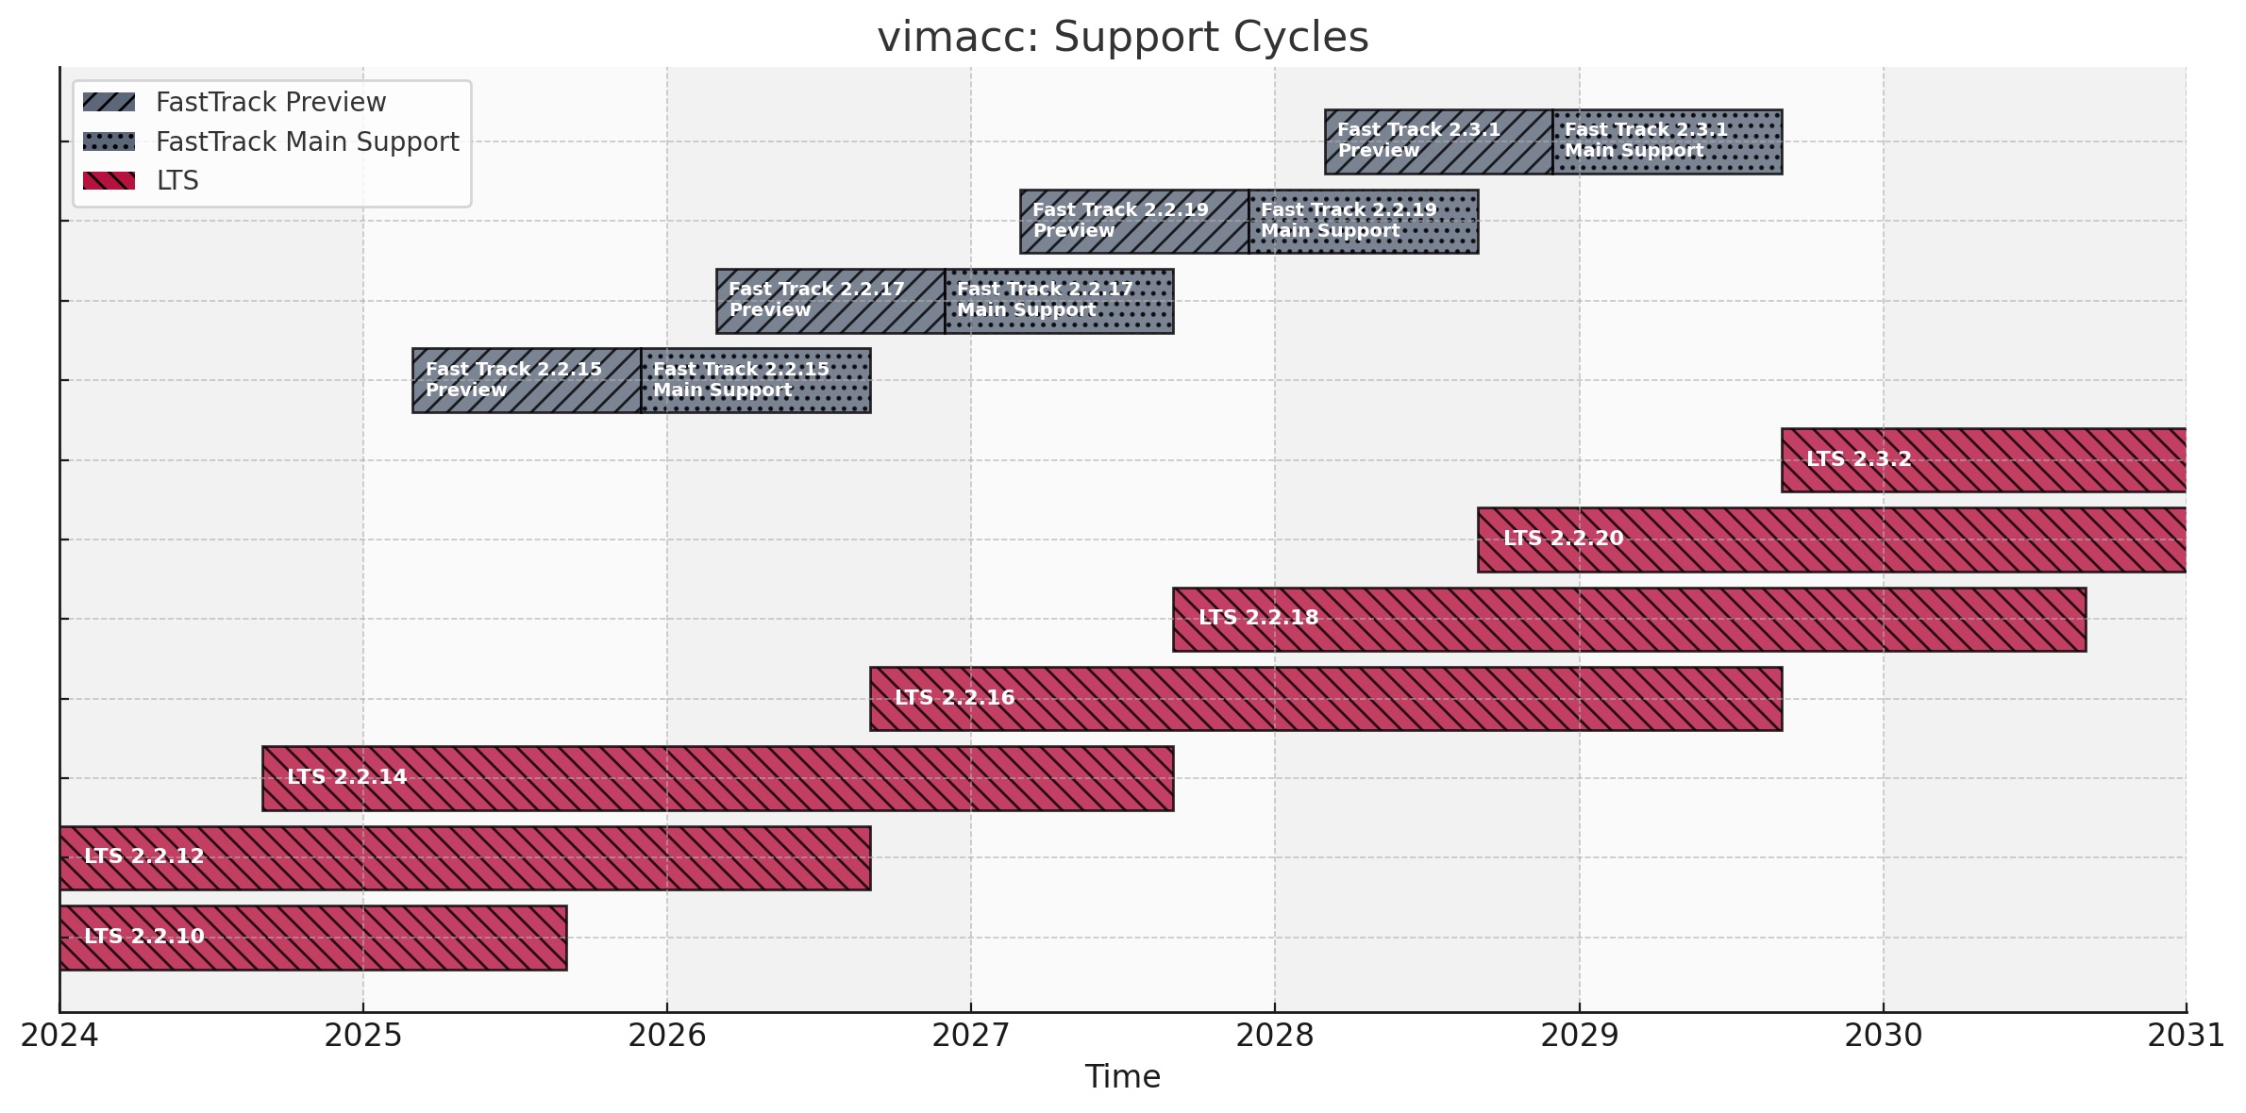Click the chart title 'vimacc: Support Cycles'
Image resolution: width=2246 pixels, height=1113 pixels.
[x=1122, y=38]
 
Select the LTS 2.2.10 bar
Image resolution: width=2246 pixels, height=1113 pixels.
[x=312, y=938]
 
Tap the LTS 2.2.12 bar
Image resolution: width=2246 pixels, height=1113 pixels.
[x=464, y=858]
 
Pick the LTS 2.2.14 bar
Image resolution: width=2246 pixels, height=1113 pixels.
[x=717, y=778]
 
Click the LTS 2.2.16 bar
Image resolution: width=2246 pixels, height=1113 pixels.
[x=1325, y=699]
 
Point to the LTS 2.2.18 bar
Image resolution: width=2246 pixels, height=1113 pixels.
[x=1629, y=620]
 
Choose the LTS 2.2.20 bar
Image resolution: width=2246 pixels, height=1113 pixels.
[x=1831, y=540]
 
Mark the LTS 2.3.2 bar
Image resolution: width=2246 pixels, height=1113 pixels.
[x=1983, y=460]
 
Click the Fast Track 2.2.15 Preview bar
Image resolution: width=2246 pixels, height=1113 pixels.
[x=526, y=380]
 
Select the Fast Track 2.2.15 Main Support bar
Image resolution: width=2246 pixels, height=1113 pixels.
[x=755, y=380]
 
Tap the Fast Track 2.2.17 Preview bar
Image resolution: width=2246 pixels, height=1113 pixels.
[x=830, y=301]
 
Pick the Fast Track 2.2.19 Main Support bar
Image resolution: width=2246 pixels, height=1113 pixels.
[x=1363, y=222]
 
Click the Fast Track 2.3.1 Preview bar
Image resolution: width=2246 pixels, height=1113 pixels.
[x=1437, y=141]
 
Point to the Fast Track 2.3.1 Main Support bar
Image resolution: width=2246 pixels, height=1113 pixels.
[x=1667, y=141]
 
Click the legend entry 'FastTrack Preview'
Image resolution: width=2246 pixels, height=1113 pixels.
[x=270, y=102]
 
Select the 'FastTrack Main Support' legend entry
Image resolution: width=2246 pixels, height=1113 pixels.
[x=306, y=141]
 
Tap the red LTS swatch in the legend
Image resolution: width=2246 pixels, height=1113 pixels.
[x=109, y=180]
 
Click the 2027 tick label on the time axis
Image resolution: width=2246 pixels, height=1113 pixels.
[x=970, y=1036]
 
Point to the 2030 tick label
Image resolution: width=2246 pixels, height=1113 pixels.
[x=1883, y=1036]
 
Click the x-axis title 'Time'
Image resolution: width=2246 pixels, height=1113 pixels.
[x=1122, y=1077]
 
